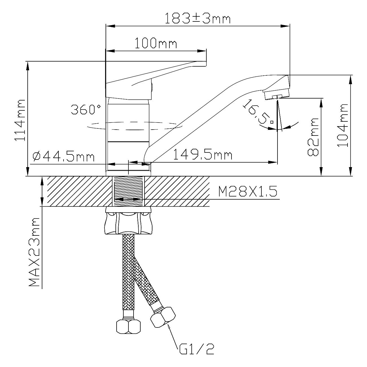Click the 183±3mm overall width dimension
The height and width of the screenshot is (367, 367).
[x=198, y=18]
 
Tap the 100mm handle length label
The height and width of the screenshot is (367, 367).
[x=156, y=43]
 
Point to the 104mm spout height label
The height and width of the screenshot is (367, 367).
[x=342, y=125]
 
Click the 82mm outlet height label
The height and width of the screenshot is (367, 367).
[x=313, y=137]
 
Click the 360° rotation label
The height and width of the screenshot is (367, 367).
[x=86, y=109]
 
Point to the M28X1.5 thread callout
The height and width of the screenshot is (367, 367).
[x=248, y=191]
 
